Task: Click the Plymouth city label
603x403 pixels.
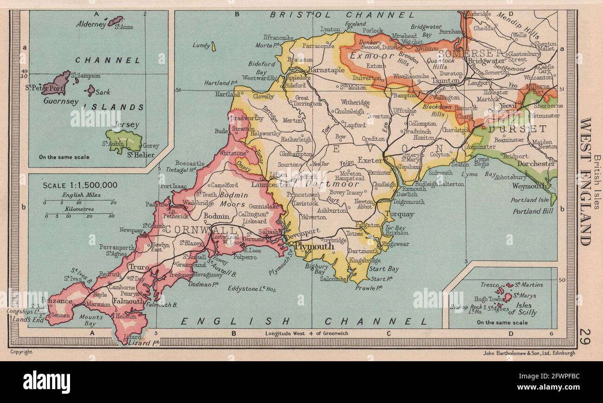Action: click(314, 247)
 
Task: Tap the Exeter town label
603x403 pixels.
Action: click(370, 160)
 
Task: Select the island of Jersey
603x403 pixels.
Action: click(123, 140)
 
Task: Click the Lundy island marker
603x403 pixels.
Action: click(213, 46)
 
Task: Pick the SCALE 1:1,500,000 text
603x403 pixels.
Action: click(80, 185)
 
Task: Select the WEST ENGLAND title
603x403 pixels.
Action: click(585, 181)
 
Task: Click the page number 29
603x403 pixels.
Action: click(585, 336)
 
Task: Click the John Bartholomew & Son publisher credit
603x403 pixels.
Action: click(529, 353)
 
